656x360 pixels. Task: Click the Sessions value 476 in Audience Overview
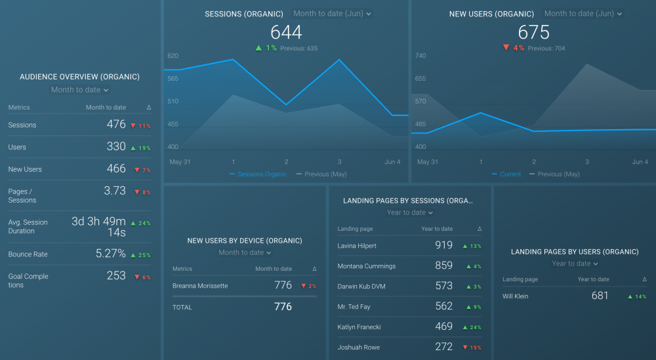[x=116, y=125]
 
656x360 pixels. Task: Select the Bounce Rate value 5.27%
[x=110, y=253]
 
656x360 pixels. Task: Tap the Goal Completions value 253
[x=116, y=275]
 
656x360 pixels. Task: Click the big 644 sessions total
[x=286, y=32]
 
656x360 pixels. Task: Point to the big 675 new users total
[x=533, y=32]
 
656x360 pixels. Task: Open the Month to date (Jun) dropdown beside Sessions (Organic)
[x=332, y=14]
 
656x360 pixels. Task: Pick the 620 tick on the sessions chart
[x=173, y=56]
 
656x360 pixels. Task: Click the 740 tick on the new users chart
[x=420, y=56]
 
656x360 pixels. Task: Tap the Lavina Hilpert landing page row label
[x=357, y=246]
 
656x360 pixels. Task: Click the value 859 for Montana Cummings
[x=443, y=266]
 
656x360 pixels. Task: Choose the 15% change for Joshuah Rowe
[x=472, y=348]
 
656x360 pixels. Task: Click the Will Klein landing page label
[x=516, y=296]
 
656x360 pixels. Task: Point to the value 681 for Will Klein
[x=600, y=296]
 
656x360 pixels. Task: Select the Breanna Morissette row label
[x=199, y=286]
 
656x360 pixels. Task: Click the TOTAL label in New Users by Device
[x=182, y=307]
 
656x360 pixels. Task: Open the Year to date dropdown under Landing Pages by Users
[x=575, y=264]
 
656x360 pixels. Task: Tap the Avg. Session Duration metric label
[x=28, y=226]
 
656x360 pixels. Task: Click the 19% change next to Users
[x=141, y=148]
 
